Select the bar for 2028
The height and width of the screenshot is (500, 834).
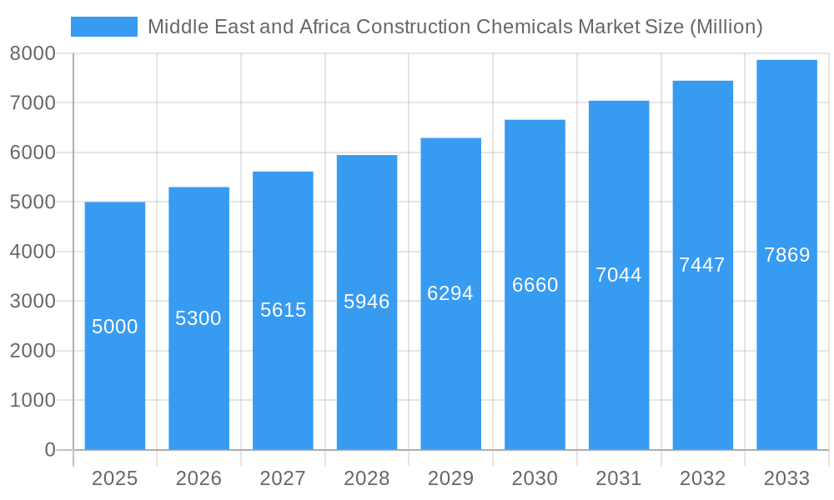pos(367,375)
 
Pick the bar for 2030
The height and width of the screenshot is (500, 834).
pos(535,375)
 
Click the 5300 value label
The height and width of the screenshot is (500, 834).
pos(198,318)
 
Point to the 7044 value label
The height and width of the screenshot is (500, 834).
pos(619,275)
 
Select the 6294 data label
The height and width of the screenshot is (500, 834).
pos(450,293)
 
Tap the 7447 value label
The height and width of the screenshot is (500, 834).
pos(702,265)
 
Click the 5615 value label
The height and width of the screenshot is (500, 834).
pos(284,310)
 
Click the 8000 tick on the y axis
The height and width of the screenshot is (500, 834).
pos(33,53)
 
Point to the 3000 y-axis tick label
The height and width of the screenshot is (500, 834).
pos(33,301)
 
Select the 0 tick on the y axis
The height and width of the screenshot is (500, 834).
pos(49,450)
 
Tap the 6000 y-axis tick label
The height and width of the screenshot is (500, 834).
pos(33,152)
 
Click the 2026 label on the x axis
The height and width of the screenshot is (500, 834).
pos(198,478)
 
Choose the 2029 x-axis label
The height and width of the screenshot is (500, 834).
pos(450,478)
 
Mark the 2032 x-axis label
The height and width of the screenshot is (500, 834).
pos(702,478)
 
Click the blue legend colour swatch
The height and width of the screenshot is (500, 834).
pos(104,27)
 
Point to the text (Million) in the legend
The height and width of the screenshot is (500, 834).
pos(726,27)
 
